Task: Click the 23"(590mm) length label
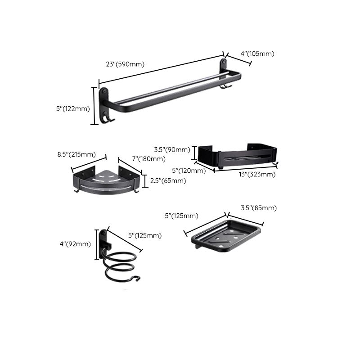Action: point(125,64)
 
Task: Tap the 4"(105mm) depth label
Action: point(257,54)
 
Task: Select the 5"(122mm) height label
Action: point(73,108)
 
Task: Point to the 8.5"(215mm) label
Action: point(76,154)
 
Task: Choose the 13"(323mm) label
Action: point(257,174)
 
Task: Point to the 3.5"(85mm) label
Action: point(258,208)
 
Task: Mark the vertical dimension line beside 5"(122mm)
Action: point(95,106)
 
